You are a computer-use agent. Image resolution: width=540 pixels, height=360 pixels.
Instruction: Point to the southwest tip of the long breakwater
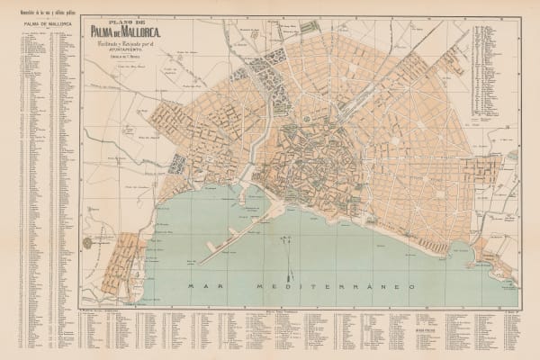pyautogui.click(x=199, y=263)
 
